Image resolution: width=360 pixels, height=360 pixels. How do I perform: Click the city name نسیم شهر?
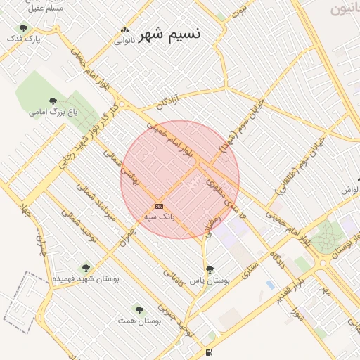coord(169,34)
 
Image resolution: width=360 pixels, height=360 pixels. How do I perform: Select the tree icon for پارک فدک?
coord(24,28)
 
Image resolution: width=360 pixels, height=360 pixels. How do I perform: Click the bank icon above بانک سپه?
coord(159,206)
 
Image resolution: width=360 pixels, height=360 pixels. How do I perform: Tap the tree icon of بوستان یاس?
coord(210,269)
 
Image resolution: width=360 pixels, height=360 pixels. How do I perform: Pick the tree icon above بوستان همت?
coord(139,309)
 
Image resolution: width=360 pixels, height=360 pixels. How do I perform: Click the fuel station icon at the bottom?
coord(209,352)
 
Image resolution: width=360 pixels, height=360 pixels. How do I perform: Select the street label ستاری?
coord(249,268)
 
